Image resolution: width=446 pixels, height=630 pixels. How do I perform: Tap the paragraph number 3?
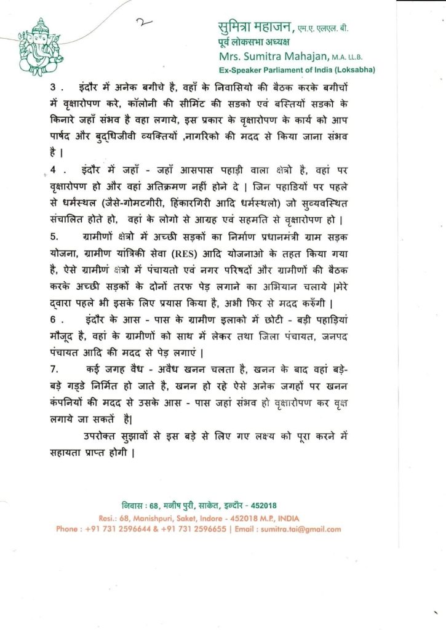(54, 87)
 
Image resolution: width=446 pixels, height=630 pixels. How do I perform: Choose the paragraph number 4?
(55, 167)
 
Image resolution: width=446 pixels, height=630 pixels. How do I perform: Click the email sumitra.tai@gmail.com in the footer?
(300, 529)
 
